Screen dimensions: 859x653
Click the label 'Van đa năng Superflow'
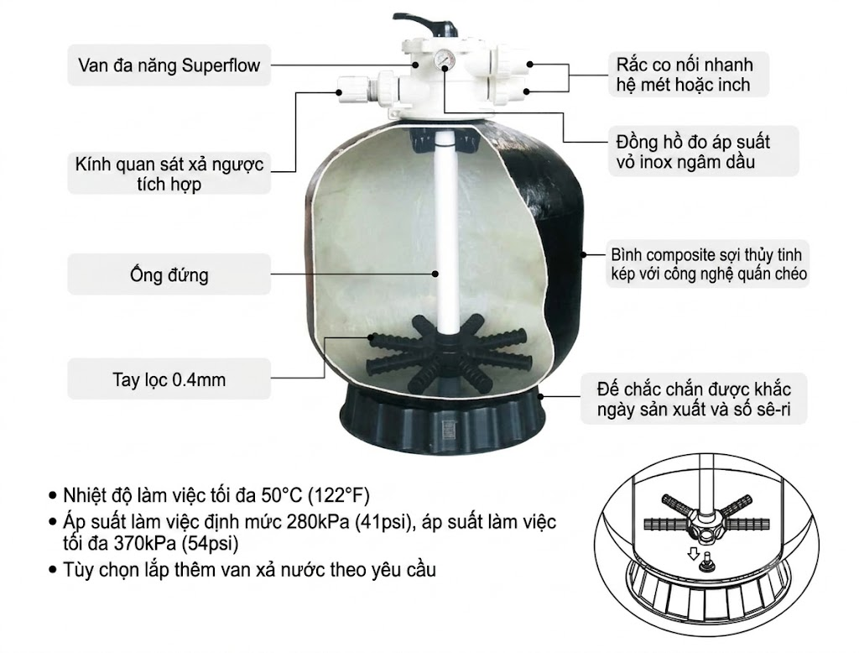click(169, 65)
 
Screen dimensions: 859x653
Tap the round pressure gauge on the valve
click(444, 58)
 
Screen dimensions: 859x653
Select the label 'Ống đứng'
click(169, 274)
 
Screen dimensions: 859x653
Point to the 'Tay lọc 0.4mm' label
click(169, 379)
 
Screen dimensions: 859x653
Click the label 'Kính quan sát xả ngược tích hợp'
click(169, 174)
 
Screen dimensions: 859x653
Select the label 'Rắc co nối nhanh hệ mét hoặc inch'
click(685, 75)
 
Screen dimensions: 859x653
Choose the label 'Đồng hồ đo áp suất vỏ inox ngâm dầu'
click(693, 152)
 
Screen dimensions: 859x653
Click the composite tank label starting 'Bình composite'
click(709, 264)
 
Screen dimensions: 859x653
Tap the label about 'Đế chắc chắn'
click(694, 400)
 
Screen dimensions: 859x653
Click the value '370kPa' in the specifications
click(146, 543)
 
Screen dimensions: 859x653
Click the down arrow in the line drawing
click(693, 554)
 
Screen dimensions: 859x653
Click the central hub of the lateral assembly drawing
click(707, 523)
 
